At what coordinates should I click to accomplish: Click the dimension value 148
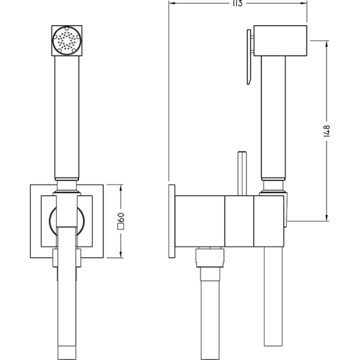coord(328,131)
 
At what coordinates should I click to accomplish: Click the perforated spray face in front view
coord(65,41)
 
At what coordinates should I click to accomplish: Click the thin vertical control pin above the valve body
coord(242,173)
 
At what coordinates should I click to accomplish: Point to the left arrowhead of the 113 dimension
coord(172,4)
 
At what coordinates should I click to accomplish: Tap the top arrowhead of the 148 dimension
coord(327,43)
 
